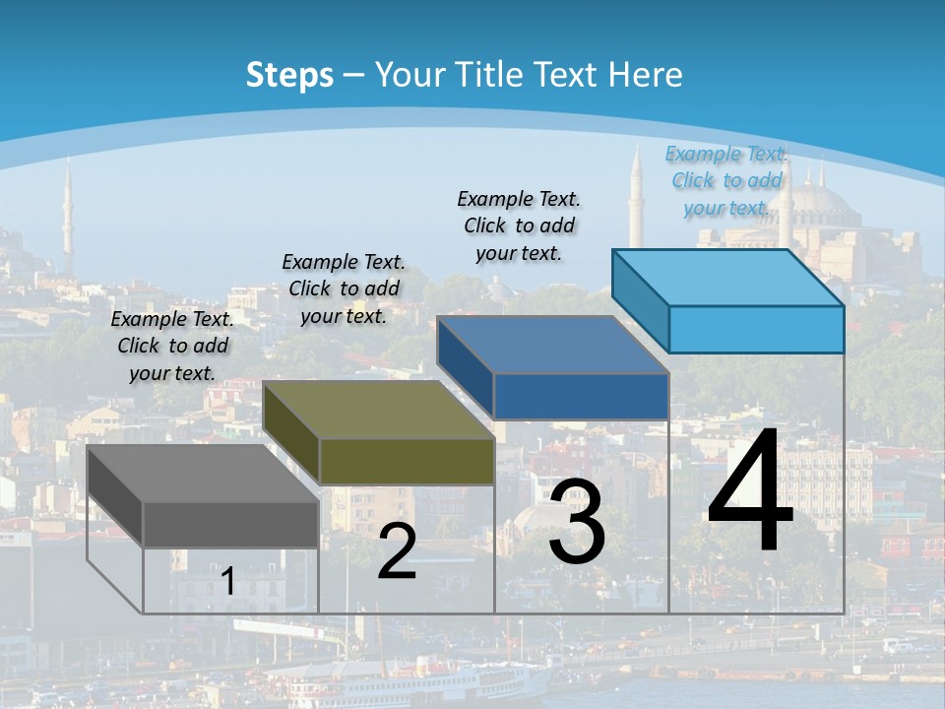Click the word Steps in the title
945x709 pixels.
[289, 75]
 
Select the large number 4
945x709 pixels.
[750, 492]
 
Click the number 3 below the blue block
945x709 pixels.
[577, 522]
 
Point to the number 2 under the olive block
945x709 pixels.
[397, 551]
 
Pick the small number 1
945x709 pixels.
[228, 582]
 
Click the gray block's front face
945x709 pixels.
[230, 524]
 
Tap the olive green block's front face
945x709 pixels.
[407, 461]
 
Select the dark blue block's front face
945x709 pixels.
[581, 396]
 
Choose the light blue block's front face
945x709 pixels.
[756, 329]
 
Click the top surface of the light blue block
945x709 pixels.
[728, 277]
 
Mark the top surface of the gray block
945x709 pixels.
[203, 473]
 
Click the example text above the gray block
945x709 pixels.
[172, 346]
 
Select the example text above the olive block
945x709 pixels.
[344, 289]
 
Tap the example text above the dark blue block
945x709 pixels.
[519, 226]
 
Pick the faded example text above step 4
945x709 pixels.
[726, 180]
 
